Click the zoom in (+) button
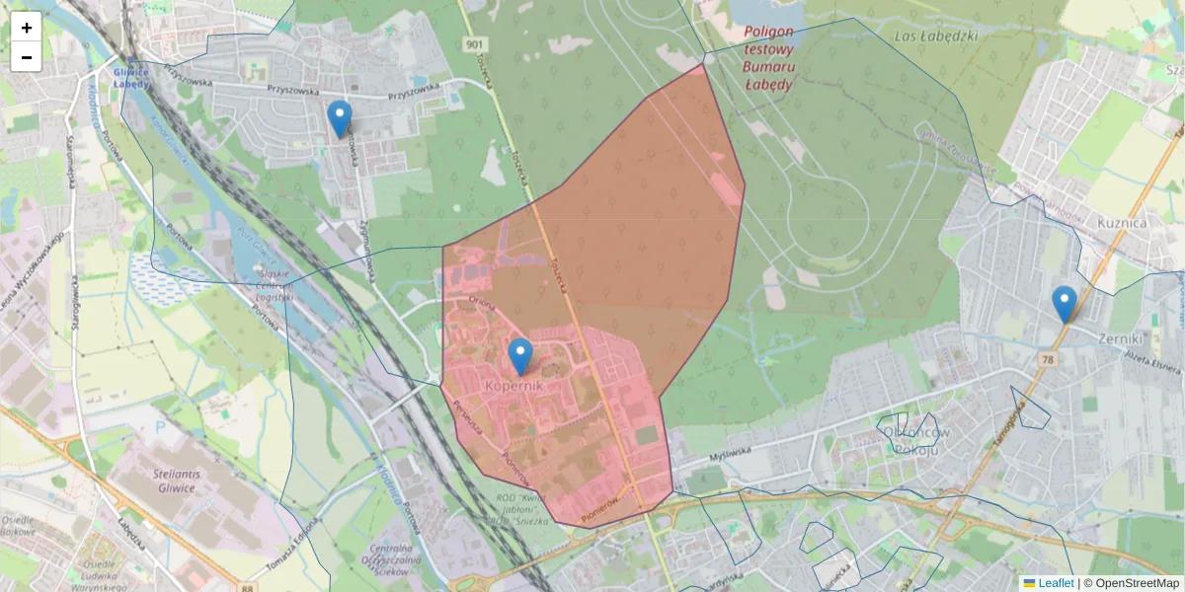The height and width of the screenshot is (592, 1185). (x=27, y=27)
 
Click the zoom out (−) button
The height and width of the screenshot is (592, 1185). (x=27, y=56)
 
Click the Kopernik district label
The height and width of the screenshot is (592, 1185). (x=513, y=386)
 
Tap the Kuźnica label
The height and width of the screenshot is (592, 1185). (x=1122, y=223)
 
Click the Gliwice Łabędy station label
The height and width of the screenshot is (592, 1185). (x=131, y=78)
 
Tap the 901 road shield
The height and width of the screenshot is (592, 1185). (x=476, y=44)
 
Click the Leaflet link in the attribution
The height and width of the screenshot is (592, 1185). (x=1055, y=583)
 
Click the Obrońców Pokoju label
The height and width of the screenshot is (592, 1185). (x=914, y=441)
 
